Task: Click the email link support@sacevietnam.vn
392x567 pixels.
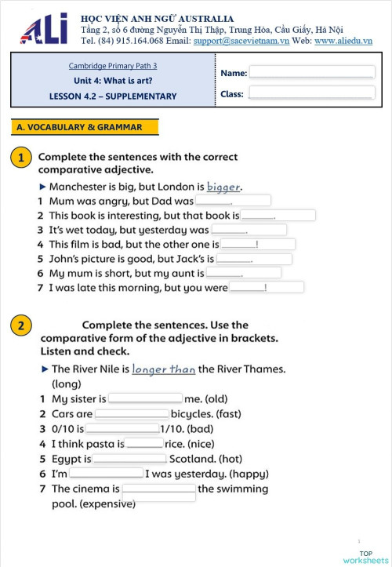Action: pyautogui.click(x=241, y=41)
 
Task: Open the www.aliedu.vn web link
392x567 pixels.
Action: pyautogui.click(x=343, y=41)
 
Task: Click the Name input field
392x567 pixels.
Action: pyautogui.click(x=311, y=72)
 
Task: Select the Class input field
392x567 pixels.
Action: pyautogui.click(x=311, y=93)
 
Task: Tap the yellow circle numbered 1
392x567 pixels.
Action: pyautogui.click(x=21, y=158)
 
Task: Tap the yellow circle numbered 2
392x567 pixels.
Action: pyautogui.click(x=21, y=325)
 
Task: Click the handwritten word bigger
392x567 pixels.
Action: pyautogui.click(x=223, y=187)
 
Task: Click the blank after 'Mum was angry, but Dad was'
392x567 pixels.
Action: pyautogui.click(x=233, y=201)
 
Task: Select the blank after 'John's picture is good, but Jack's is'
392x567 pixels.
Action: pyautogui.click(x=253, y=259)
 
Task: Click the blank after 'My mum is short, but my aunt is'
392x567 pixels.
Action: pyautogui.click(x=242, y=273)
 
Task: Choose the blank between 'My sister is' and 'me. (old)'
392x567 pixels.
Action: pyautogui.click(x=145, y=398)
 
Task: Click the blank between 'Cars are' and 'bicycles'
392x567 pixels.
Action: pyautogui.click(x=132, y=413)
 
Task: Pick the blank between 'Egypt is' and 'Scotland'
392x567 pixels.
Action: pyautogui.click(x=129, y=459)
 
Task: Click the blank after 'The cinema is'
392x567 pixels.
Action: pyautogui.click(x=158, y=489)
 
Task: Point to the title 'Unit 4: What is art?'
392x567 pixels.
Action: pyautogui.click(x=113, y=81)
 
